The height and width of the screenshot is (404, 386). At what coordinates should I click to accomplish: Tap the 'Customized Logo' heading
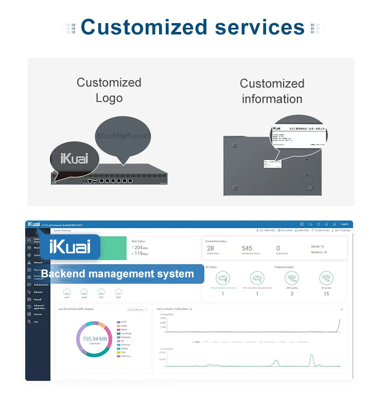109,90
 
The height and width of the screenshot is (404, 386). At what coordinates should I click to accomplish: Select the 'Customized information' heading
272,91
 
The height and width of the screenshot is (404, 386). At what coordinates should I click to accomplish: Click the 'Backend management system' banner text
117,274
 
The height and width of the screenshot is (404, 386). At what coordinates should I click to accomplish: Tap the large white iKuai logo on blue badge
69,247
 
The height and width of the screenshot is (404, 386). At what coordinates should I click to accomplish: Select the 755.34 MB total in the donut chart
94,340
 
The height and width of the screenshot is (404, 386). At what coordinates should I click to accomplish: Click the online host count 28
210,248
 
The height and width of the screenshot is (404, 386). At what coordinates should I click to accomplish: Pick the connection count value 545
247,248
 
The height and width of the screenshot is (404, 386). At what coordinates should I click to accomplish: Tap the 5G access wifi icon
326,278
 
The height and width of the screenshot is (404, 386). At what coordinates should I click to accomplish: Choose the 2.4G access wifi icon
292,278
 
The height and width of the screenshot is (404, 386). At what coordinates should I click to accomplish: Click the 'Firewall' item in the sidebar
38,299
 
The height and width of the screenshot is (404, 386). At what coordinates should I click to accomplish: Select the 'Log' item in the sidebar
36,322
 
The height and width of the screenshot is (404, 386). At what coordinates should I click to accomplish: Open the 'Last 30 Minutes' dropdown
137,309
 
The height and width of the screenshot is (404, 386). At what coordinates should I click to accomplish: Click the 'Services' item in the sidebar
38,314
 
